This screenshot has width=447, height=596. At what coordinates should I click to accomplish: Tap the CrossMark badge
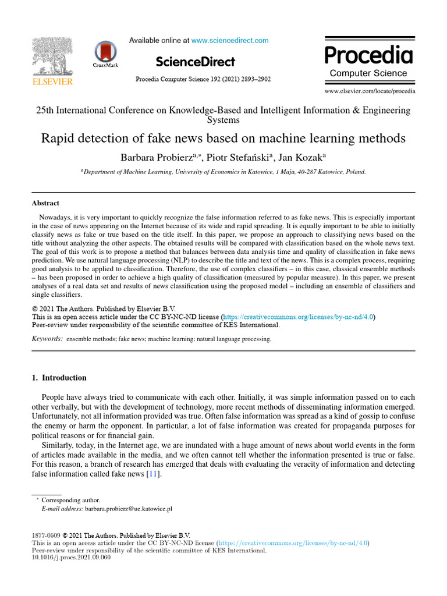pos(105,53)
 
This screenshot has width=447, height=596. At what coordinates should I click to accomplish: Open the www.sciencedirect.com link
pos(230,41)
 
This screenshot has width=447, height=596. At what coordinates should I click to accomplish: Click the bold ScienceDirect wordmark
pos(195,62)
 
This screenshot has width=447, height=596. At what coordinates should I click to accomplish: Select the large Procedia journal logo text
pos(368,55)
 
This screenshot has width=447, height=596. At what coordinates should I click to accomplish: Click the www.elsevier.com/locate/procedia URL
pos(370,91)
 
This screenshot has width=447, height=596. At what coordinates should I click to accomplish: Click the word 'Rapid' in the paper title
pos(58,139)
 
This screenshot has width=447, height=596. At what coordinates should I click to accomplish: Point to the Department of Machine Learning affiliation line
pos(223,172)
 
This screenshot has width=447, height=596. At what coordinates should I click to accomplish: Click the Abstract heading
pos(45,203)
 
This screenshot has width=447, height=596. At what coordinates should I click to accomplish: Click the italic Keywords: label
pos(47,338)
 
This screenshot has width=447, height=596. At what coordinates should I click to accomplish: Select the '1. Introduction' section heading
pos(59,378)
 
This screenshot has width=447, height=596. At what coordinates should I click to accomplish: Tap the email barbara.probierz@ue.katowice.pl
pos(129,509)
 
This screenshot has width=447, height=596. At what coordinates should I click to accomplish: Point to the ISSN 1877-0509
pos(45,535)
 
